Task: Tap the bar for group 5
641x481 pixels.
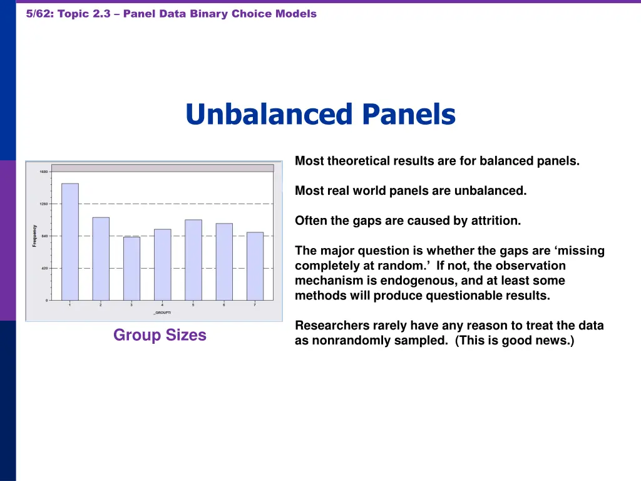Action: pos(193,260)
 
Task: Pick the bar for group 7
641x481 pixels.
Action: pos(255,266)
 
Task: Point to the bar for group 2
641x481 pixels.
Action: pos(101,259)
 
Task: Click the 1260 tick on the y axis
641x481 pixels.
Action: pos(43,204)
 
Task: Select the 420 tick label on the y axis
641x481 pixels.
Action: pos(43,268)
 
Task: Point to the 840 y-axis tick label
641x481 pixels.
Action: pos(43,236)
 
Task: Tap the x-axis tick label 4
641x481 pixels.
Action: pos(162,305)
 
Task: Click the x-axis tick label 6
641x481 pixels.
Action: pos(224,305)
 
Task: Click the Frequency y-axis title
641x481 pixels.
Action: pos(34,236)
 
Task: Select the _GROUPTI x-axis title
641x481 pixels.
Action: pos(162,312)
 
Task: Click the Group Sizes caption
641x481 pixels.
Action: pos(160,335)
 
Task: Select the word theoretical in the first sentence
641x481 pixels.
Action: pos(359,161)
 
